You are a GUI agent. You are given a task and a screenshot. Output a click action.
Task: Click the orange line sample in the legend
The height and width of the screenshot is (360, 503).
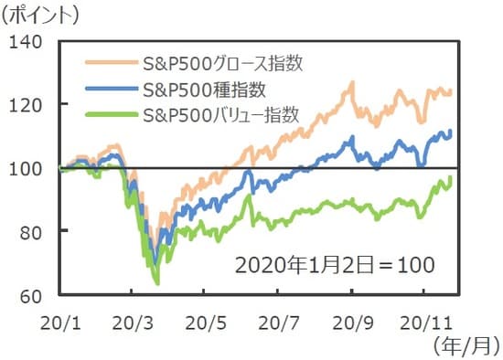tap(111, 65)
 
